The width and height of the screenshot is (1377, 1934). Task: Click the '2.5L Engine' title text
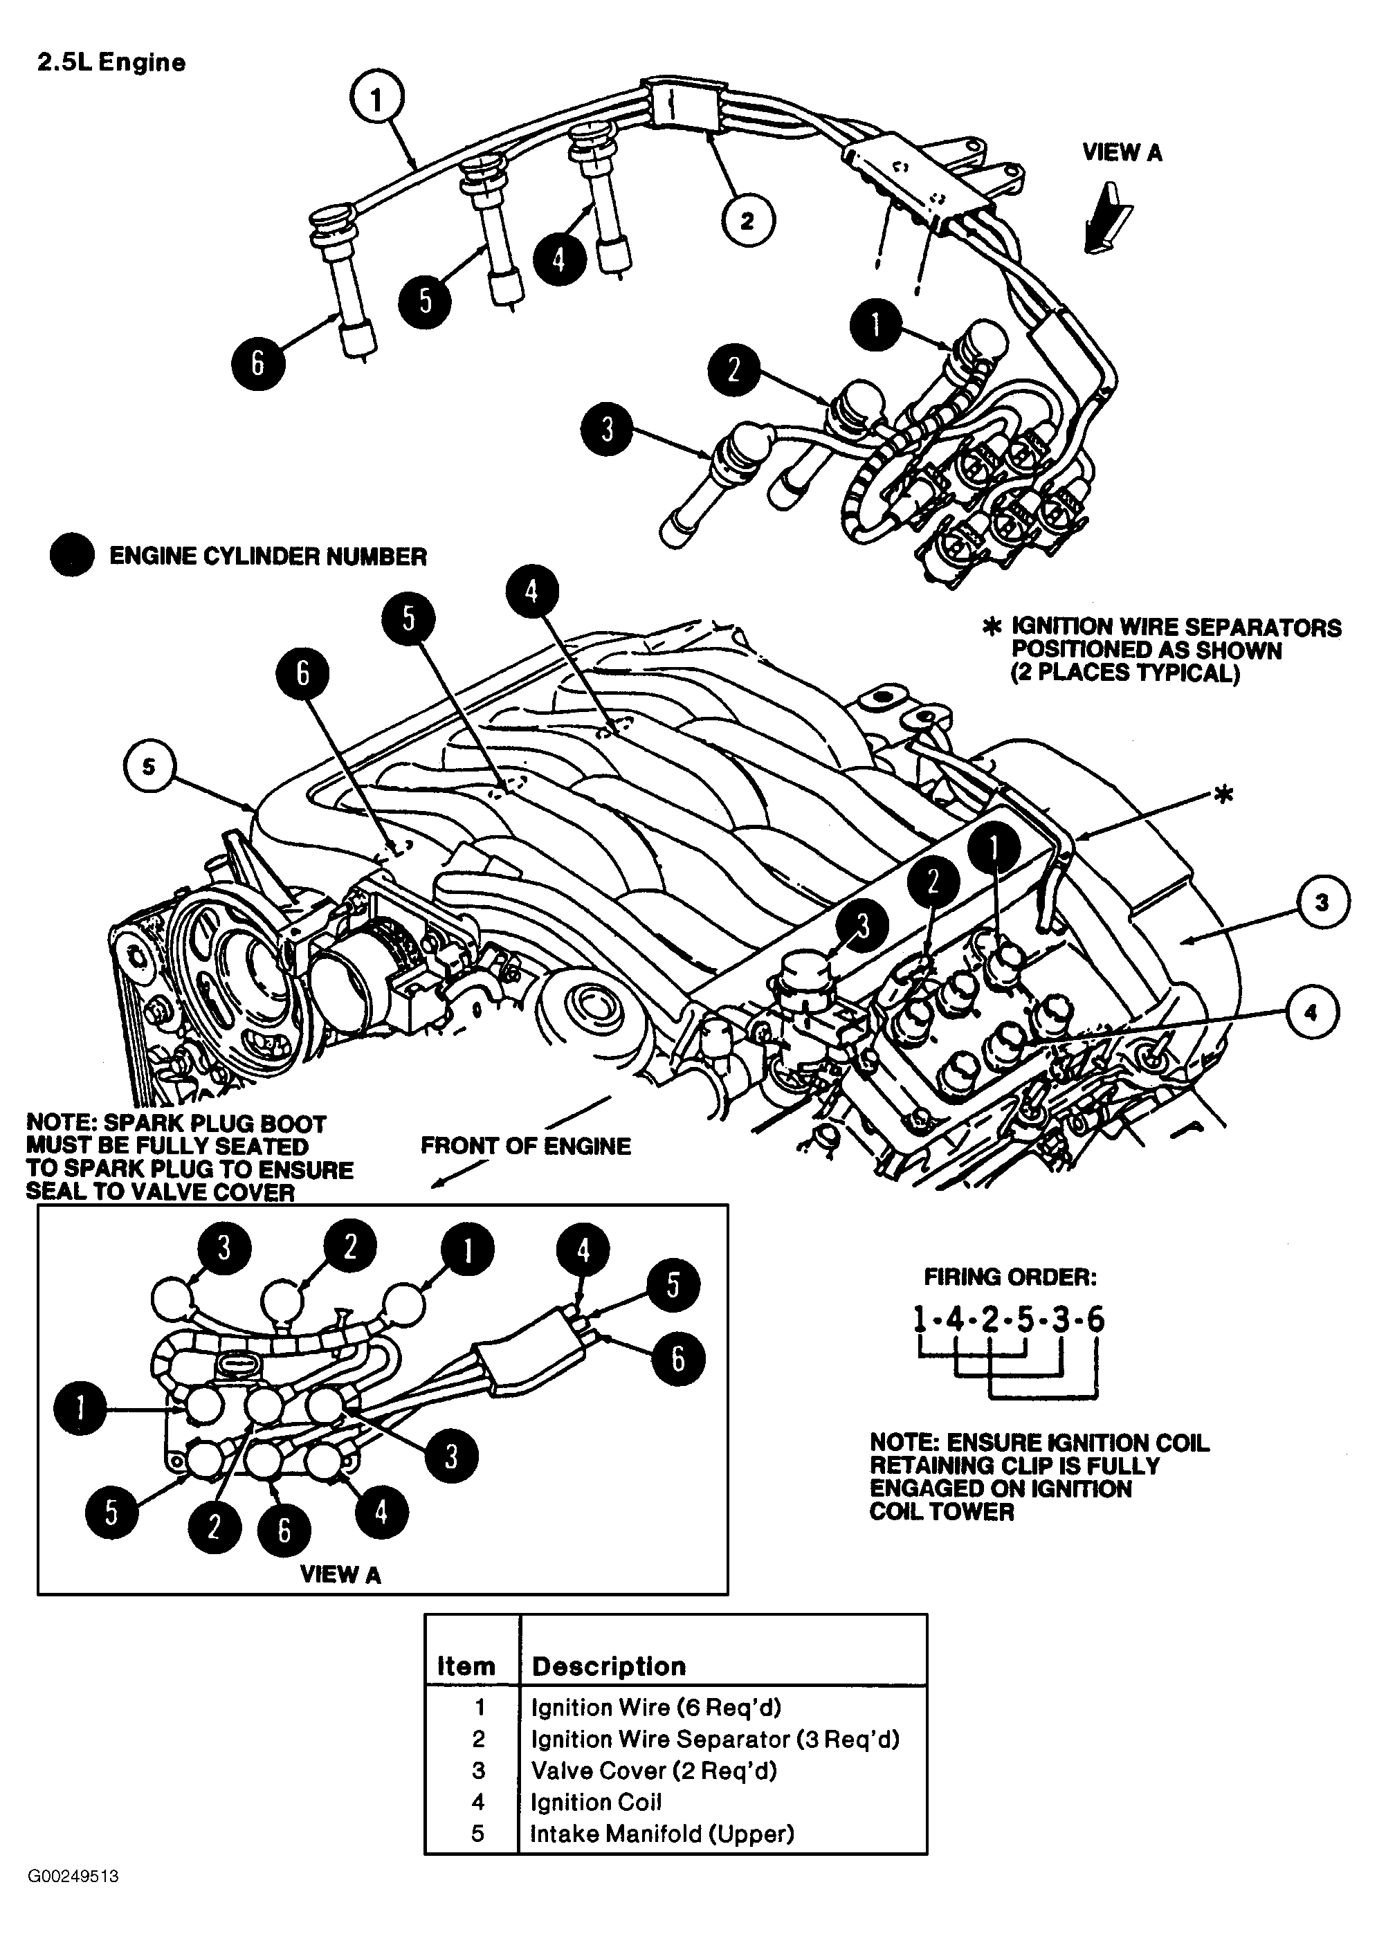pyautogui.click(x=111, y=63)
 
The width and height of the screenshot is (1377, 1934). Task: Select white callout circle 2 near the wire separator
pyautogui.click(x=748, y=221)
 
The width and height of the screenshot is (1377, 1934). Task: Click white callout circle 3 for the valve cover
pyautogui.click(x=1321, y=902)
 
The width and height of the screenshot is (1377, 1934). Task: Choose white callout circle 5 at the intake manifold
pyautogui.click(x=149, y=767)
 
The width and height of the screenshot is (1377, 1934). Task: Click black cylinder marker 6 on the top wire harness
pyautogui.click(x=258, y=364)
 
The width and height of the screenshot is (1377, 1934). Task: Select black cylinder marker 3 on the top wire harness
pyautogui.click(x=607, y=429)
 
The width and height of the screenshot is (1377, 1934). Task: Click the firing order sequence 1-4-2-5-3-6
pyautogui.click(x=1008, y=1320)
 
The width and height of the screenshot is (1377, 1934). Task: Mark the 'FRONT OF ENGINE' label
pyautogui.click(x=526, y=1147)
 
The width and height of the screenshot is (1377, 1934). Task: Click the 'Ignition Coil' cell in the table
pyautogui.click(x=595, y=1802)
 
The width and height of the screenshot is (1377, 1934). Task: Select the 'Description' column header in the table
pyautogui.click(x=608, y=1666)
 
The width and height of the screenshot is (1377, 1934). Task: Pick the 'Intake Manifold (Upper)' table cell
pyautogui.click(x=662, y=1834)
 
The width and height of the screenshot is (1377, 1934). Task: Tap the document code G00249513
pyautogui.click(x=73, y=1900)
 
